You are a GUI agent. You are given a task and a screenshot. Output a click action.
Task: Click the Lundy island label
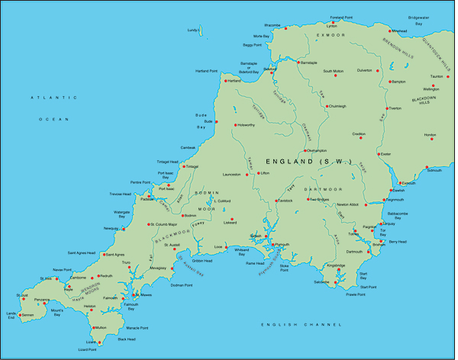192,31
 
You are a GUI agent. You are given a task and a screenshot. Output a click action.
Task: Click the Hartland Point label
208,70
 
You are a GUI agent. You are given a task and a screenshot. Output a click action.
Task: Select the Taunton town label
437,76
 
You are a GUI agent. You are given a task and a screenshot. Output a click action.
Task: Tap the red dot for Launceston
247,174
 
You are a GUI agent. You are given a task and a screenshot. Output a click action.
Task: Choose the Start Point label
367,288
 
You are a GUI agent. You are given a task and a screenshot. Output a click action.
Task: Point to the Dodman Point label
181,284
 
